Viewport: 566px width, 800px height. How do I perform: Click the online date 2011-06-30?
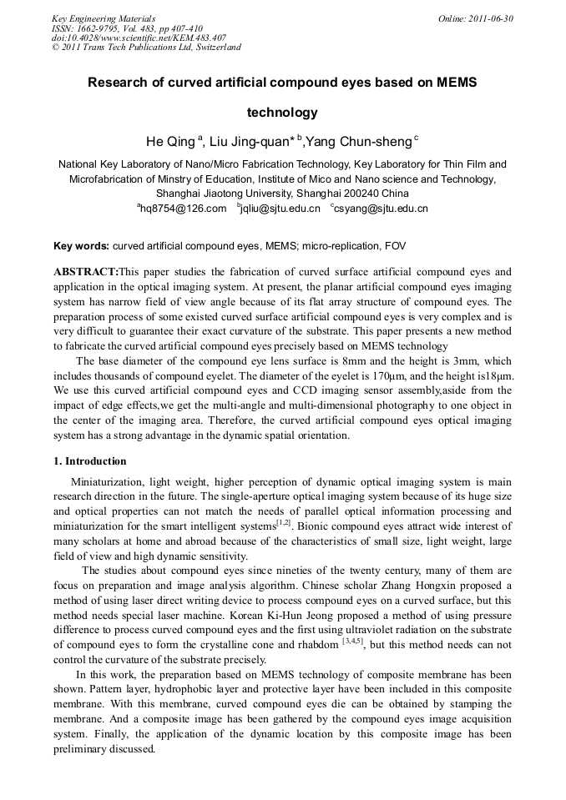493,18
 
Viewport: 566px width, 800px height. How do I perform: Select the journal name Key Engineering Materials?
104,18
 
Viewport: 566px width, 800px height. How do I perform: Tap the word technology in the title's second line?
282,112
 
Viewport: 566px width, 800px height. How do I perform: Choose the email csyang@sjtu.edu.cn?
382,209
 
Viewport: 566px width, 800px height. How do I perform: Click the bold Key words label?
81,246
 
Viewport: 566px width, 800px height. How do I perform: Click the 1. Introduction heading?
90,461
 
